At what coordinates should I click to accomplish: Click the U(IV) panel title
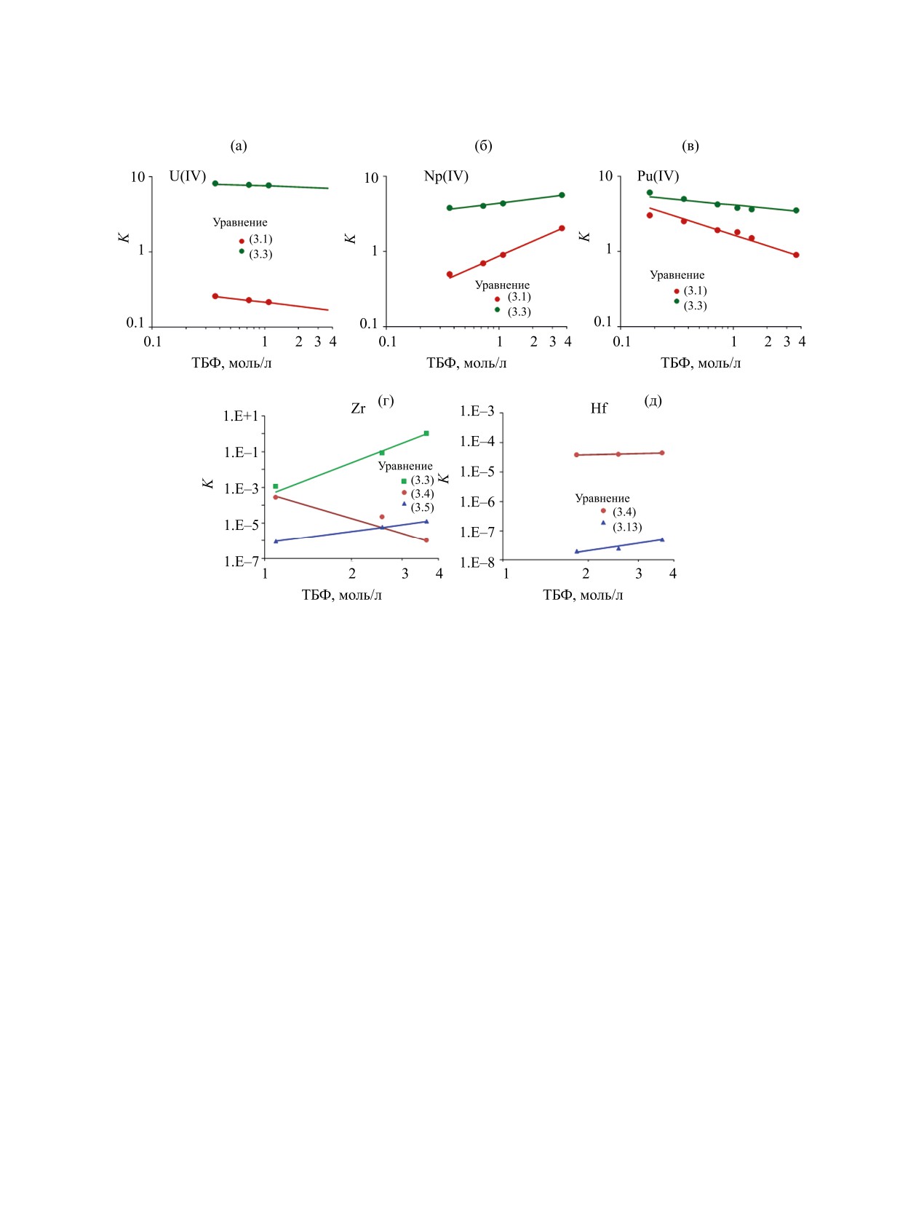pos(188,176)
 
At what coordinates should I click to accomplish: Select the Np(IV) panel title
pos(446,176)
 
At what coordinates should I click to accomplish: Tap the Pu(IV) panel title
pos(658,176)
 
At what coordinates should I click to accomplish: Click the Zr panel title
pos(358,409)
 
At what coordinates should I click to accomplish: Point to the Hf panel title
pos(599,409)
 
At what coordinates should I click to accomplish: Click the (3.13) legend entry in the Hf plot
pos(626,527)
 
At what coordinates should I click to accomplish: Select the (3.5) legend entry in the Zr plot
pos(422,507)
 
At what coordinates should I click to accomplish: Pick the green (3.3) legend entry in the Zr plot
pos(422,480)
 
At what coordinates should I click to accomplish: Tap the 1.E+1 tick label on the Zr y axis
pos(241,416)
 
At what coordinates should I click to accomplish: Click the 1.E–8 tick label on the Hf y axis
pos(477,563)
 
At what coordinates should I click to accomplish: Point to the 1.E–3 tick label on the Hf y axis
pos(477,412)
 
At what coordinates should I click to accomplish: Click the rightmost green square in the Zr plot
pos(426,434)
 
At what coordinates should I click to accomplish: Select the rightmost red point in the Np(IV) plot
pos(562,229)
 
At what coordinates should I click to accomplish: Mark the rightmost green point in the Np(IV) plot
pos(562,195)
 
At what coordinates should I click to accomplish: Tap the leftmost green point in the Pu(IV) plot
pos(650,193)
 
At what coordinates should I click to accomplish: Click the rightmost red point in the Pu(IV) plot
pos(796,255)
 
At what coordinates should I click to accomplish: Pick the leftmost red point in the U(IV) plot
pos(215,296)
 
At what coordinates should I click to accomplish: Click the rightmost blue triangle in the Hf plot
pos(662,539)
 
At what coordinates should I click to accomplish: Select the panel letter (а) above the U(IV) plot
pos(239,146)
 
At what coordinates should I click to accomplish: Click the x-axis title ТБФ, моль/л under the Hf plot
pos(583,595)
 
